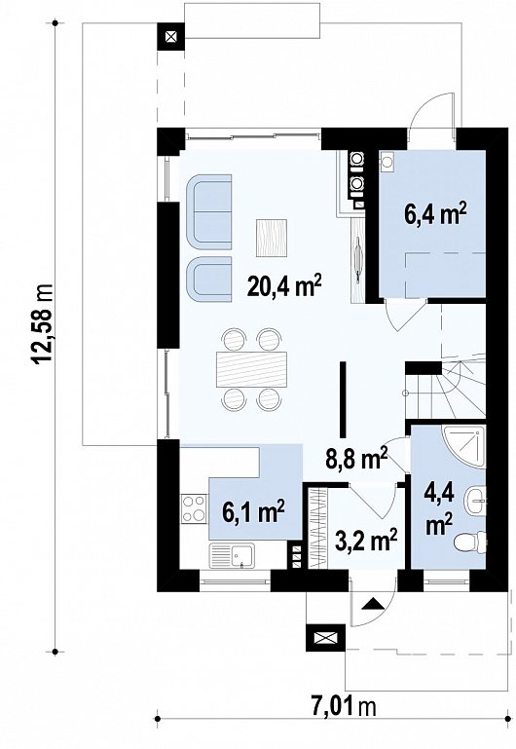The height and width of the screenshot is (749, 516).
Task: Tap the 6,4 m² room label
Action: point(435,214)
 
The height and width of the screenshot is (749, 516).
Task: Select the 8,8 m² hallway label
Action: point(356,459)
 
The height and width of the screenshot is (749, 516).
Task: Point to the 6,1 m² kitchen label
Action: point(254,511)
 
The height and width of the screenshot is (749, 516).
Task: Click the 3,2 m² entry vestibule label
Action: point(367,542)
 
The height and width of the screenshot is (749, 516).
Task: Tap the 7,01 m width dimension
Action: point(344,706)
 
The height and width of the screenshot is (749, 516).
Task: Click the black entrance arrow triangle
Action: point(373,604)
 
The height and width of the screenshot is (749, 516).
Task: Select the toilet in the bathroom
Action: point(469,543)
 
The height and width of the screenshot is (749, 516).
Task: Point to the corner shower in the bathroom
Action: point(464,448)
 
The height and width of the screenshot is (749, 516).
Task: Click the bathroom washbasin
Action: point(476,500)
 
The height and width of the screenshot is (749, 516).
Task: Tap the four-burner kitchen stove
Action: point(194,508)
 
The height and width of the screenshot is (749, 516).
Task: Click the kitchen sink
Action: point(232,556)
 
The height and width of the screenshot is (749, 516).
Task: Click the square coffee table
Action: point(271,238)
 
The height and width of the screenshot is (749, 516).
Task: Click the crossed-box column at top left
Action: point(170,37)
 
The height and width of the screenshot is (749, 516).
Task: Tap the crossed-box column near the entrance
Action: point(324,638)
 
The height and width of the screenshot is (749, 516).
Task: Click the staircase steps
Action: point(445,388)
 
